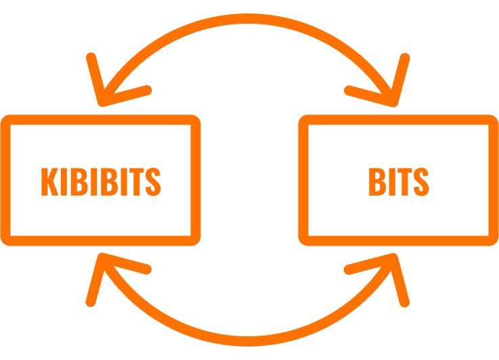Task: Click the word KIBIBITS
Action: [x=101, y=181]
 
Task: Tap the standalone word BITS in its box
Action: [x=398, y=181]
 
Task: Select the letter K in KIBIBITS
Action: [x=49, y=181]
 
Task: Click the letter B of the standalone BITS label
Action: [x=376, y=181]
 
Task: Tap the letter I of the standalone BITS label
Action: [x=390, y=181]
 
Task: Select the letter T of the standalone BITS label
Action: [x=403, y=181]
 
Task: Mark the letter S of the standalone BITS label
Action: [x=420, y=181]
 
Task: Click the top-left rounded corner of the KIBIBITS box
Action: [x=7, y=122]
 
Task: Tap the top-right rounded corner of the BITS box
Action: [x=492, y=122]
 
